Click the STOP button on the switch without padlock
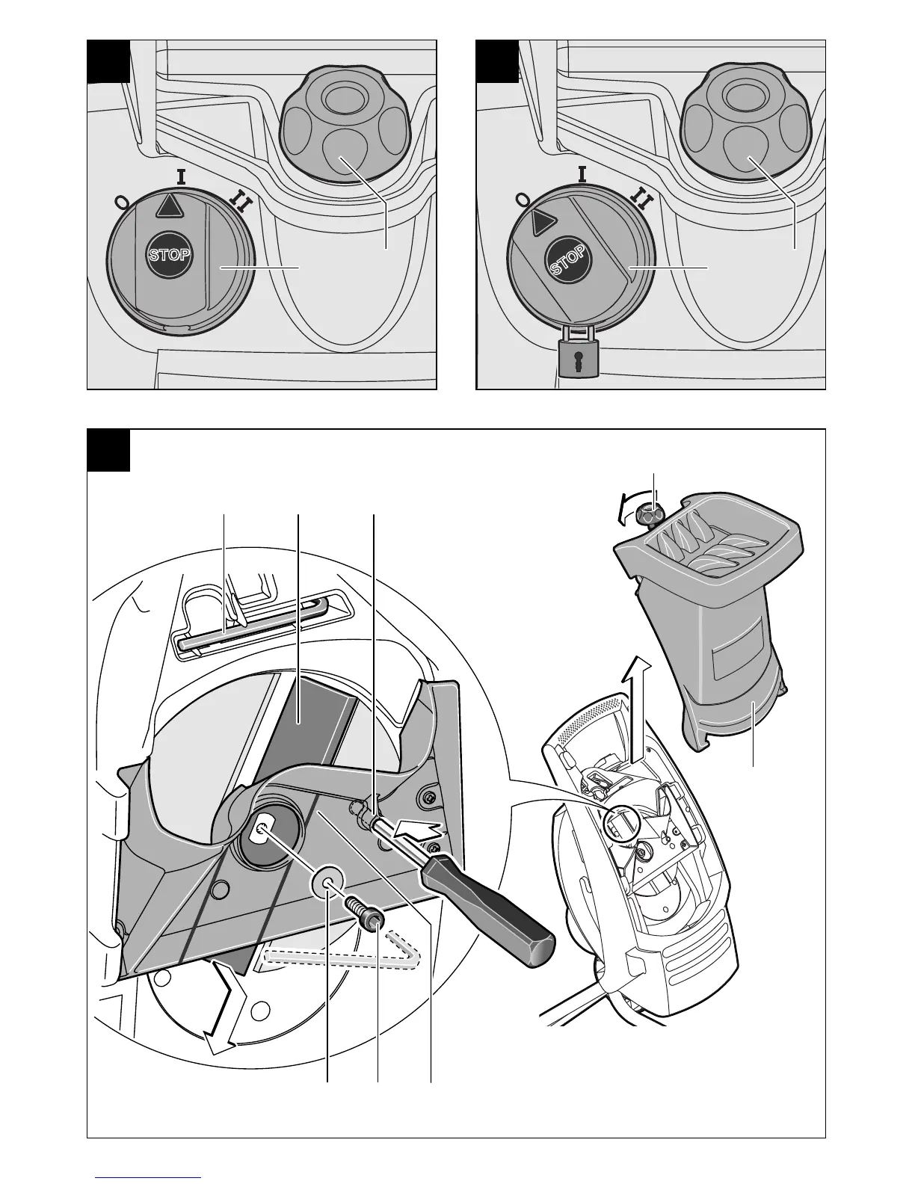[170, 254]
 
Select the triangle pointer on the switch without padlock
[170, 205]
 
